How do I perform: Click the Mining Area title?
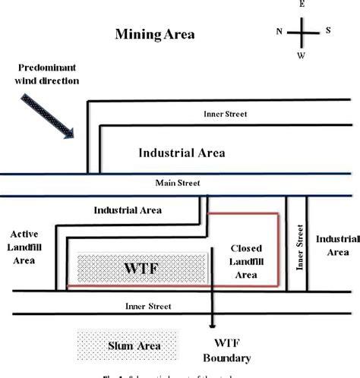(154, 34)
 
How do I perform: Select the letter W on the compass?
(301, 56)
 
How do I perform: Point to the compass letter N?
(278, 31)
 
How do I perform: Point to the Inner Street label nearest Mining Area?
(226, 115)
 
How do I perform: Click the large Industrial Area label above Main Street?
(182, 152)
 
